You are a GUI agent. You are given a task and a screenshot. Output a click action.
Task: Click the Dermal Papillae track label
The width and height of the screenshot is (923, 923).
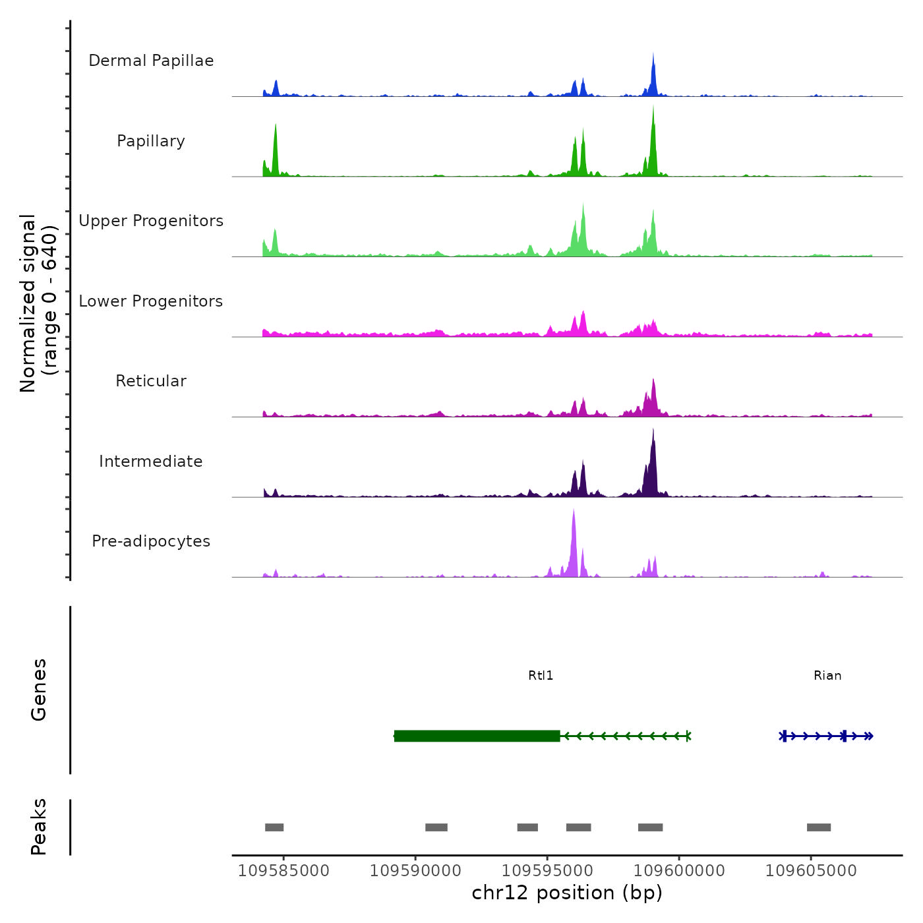point(151,61)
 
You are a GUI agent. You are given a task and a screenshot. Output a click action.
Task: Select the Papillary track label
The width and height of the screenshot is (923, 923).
point(151,141)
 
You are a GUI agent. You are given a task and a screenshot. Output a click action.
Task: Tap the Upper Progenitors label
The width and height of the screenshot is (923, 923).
point(151,221)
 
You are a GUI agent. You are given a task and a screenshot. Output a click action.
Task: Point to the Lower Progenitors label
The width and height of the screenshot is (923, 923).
point(151,301)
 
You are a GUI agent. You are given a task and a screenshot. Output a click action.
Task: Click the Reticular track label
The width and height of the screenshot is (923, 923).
point(151,381)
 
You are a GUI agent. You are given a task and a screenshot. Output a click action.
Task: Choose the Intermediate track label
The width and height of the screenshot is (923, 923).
point(151,461)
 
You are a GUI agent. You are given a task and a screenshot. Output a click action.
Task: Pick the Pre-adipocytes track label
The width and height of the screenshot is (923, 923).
point(151,541)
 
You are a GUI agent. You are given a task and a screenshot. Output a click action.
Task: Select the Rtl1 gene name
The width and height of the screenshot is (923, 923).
point(541,676)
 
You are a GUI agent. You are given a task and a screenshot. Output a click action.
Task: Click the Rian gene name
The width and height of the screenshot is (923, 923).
point(827,676)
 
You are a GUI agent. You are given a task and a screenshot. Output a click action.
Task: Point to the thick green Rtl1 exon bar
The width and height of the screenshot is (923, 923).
point(477,736)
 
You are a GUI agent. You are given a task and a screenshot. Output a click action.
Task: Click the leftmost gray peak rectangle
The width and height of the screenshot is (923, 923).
point(274,827)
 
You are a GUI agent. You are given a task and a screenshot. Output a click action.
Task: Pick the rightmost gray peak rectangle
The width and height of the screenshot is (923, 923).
point(819,827)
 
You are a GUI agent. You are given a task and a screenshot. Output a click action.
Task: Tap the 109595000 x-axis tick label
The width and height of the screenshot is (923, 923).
point(547,871)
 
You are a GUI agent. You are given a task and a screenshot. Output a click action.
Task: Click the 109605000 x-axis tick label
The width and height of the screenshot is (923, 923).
point(811,871)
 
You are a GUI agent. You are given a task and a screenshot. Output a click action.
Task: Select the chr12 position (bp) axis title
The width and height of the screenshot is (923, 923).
point(567,893)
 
